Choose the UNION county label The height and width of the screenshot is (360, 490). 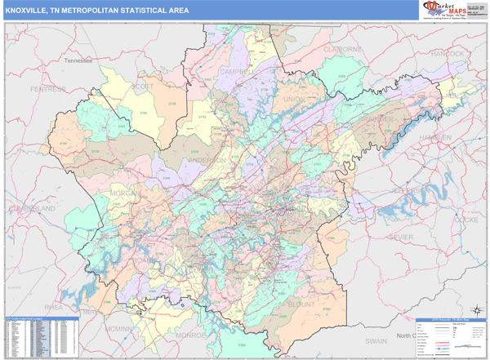click(293, 100)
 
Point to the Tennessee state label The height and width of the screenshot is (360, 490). click(82, 60)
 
